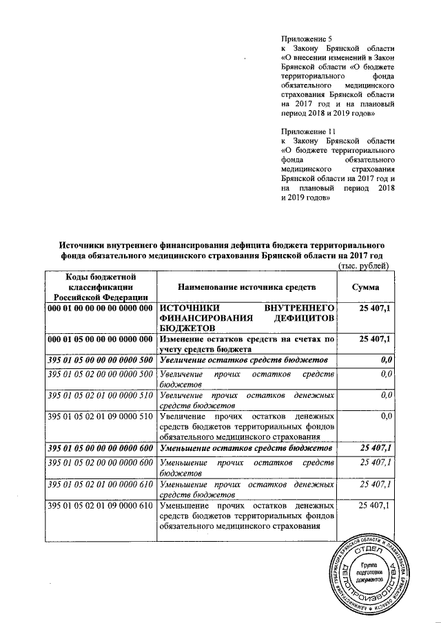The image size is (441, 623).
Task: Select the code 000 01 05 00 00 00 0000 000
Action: coord(99,340)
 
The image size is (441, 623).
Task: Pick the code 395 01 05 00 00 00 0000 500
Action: coord(99,360)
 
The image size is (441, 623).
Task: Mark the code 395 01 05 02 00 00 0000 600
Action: coord(99,462)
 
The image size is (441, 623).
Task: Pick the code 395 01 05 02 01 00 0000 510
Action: coord(99,395)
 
